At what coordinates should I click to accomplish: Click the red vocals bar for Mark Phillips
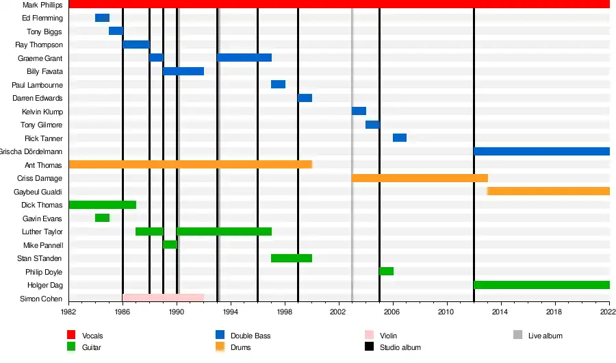click(339, 4)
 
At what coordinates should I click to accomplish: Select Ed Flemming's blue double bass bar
click(102, 18)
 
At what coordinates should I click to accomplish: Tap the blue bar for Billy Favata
click(183, 71)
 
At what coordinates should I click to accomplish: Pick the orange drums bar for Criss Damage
click(420, 178)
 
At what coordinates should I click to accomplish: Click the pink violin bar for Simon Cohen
click(163, 298)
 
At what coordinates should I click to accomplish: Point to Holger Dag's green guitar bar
click(541, 285)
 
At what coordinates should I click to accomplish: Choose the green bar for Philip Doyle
click(386, 271)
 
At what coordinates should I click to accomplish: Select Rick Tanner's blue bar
click(400, 138)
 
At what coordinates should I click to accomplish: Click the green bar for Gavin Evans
click(102, 218)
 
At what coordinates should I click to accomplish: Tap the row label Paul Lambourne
click(38, 85)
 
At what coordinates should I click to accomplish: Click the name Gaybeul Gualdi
click(38, 192)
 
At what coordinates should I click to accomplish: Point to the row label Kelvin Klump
click(42, 112)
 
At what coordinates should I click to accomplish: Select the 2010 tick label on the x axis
click(447, 312)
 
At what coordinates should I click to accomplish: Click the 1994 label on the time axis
click(231, 312)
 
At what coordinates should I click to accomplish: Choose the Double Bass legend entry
click(249, 336)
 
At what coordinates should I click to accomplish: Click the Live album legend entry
click(545, 336)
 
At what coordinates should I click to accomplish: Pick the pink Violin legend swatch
click(370, 335)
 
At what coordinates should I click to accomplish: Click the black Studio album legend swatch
click(370, 347)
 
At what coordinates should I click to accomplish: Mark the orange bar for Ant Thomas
click(190, 164)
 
